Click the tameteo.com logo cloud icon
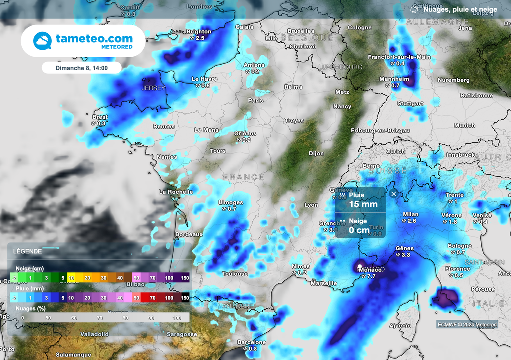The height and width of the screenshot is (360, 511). click(42, 41)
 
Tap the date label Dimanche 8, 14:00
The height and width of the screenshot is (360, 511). click(81, 68)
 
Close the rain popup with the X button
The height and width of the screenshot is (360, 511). click(394, 194)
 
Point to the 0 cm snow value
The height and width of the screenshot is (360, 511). click(359, 230)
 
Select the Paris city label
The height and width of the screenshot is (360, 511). click(255, 100)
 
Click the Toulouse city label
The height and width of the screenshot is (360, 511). click(235, 274)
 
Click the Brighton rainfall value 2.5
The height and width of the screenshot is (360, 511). click(200, 38)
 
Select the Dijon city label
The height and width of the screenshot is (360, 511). click(316, 154)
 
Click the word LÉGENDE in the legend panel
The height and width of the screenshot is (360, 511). click(28, 251)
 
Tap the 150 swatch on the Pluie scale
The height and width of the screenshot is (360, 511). click(185, 298)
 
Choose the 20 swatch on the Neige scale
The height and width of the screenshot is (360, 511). click(87, 278)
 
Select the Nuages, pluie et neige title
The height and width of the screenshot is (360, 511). click(459, 9)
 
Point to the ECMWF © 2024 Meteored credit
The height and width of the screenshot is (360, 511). click(467, 325)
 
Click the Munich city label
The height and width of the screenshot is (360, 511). click(465, 125)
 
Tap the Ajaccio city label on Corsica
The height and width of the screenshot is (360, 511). click(400, 326)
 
